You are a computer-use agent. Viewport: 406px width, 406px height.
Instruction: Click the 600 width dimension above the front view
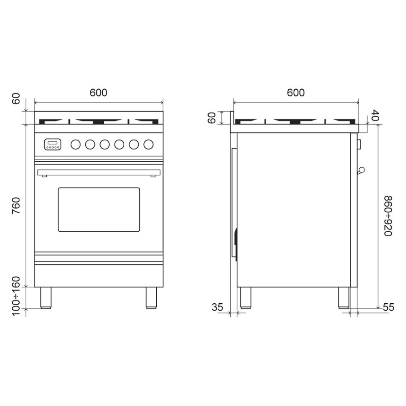[x=99, y=93]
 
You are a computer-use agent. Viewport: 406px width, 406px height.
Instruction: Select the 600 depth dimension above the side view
[x=296, y=93]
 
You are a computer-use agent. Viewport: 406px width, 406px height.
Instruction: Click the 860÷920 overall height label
[x=387, y=216]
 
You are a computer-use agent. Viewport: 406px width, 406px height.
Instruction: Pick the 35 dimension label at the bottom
[x=218, y=307]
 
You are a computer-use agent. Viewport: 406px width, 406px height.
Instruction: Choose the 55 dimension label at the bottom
[x=389, y=307]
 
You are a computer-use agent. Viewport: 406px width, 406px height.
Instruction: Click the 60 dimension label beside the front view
[x=16, y=99]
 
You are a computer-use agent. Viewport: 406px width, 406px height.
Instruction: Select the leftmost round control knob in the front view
[x=76, y=144]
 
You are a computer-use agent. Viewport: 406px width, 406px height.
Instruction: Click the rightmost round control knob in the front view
[x=149, y=144]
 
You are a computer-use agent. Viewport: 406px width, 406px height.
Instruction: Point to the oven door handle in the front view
[x=99, y=173]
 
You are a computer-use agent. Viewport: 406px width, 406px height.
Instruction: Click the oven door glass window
[x=99, y=209]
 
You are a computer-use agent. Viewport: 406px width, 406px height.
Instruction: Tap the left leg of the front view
[x=45, y=298]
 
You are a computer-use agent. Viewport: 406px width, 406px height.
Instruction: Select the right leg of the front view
[x=151, y=298]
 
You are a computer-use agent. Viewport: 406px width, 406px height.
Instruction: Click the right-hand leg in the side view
[x=343, y=298]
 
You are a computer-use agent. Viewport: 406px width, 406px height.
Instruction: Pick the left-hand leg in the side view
[x=245, y=298]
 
